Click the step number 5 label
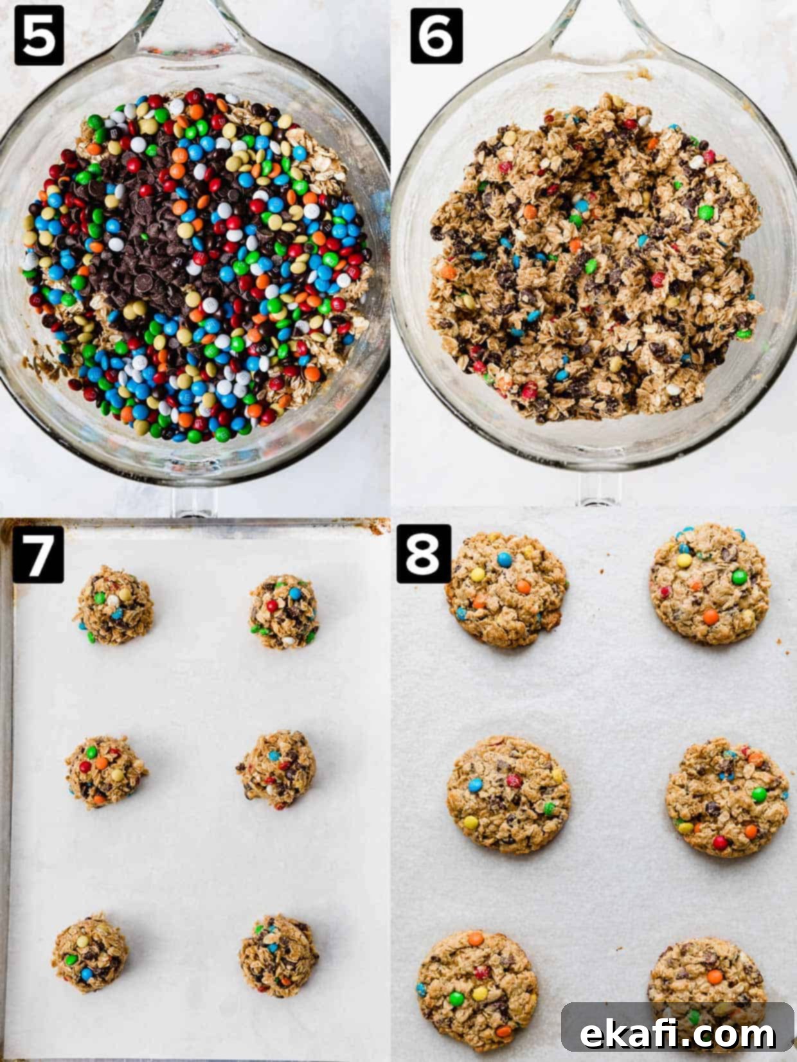(39, 35)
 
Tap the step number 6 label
(436, 35)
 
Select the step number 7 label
(38, 554)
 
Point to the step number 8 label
(424, 554)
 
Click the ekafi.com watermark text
(677, 1034)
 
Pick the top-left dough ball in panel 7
(114, 605)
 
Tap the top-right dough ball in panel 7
(284, 612)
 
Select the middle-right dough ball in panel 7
(277, 770)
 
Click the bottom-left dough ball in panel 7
(91, 954)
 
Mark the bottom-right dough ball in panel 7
(278, 955)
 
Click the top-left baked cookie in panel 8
(506, 590)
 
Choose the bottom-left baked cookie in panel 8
(477, 992)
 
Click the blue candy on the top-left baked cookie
(505, 560)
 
